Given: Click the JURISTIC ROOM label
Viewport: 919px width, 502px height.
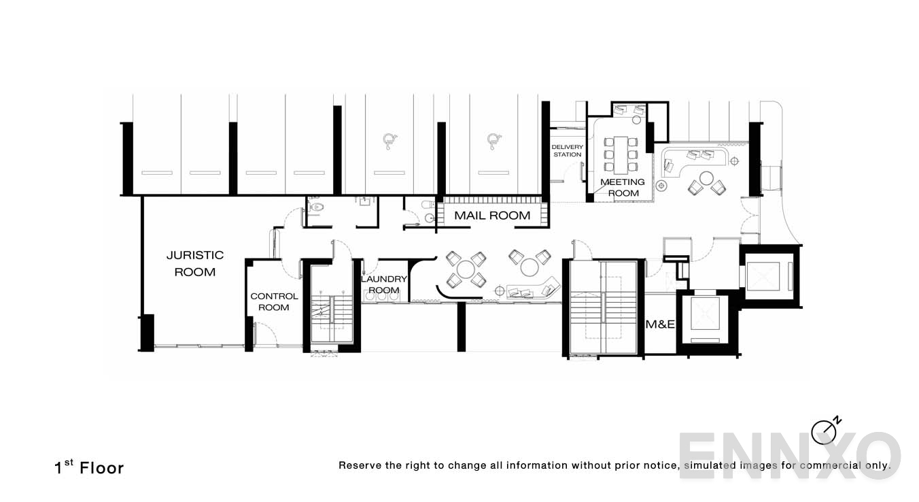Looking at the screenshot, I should (194, 263).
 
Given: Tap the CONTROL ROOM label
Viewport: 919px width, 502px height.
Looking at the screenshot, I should (274, 301).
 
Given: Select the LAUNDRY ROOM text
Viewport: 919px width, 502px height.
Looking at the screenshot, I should (383, 284).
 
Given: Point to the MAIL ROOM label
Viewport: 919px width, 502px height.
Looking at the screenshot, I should (492, 215).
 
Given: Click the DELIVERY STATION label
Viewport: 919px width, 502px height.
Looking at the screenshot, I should (566, 150).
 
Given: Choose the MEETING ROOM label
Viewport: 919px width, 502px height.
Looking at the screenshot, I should (622, 187).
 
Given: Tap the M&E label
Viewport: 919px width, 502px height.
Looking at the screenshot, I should (659, 324).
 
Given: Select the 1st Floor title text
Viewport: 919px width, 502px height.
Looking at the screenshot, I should (89, 467).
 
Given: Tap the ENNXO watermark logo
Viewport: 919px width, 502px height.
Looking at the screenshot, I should (788, 456).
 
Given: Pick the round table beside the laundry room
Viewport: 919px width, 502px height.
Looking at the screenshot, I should (466, 269).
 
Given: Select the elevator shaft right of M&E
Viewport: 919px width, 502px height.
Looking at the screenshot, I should (705, 319).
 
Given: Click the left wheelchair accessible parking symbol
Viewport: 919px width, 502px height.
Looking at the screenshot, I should (389, 141).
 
